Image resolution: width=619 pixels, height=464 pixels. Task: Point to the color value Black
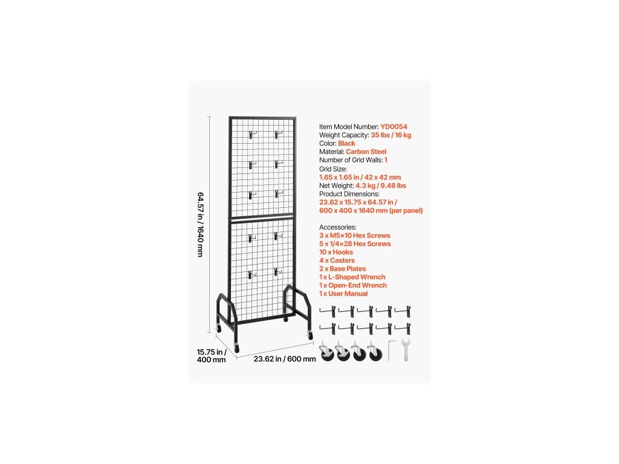click(x=347, y=144)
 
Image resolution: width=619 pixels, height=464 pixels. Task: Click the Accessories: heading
click(x=339, y=227)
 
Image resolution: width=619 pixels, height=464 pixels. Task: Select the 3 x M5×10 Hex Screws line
click(x=355, y=235)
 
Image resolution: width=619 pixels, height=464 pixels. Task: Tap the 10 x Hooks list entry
click(x=337, y=252)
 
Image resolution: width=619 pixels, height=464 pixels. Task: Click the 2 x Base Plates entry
click(x=343, y=269)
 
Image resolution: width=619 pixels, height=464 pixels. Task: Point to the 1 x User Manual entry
click(x=343, y=294)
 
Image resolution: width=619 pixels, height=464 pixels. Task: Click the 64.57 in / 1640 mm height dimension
click(x=200, y=225)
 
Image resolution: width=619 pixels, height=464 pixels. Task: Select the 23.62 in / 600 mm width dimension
click(x=285, y=359)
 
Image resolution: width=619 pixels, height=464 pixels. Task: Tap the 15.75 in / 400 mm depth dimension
click(x=212, y=356)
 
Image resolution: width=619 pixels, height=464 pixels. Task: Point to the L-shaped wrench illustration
click(x=391, y=349)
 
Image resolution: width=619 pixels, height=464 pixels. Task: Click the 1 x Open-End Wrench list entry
click(x=353, y=285)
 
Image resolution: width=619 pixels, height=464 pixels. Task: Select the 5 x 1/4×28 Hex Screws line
click(x=355, y=243)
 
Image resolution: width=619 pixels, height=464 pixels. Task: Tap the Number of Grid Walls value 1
click(x=386, y=160)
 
